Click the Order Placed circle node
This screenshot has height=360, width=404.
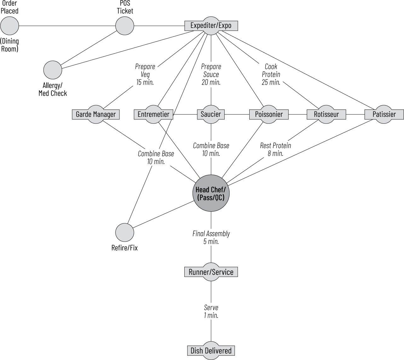coord(10,26)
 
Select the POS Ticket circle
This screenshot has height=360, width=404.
coord(125,26)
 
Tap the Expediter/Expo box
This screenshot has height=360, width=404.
coord(211,26)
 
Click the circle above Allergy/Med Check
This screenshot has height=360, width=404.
coord(53,70)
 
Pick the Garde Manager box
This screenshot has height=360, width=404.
coord(96,114)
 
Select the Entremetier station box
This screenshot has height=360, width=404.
coord(153,114)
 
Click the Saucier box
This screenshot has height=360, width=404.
coord(211,114)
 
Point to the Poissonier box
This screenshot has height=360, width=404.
coord(269,114)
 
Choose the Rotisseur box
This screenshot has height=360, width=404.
coord(326,114)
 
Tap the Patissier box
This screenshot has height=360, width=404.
coord(384,114)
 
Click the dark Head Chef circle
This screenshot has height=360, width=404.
coord(211,193)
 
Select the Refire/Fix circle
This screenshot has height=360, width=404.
coord(125,232)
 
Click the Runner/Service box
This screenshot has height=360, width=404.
coord(211,272)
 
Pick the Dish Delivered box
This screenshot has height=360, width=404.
coord(211,351)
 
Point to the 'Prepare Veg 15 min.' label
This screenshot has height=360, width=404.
coord(145,75)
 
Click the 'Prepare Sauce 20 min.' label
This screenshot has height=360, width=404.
coord(211,75)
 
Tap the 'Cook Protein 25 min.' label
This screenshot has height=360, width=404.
coord(271,75)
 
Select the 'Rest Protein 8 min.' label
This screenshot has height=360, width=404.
coord(275,150)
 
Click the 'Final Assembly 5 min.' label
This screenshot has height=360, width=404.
coord(211,237)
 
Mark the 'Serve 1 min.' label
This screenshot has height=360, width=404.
coord(211,311)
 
